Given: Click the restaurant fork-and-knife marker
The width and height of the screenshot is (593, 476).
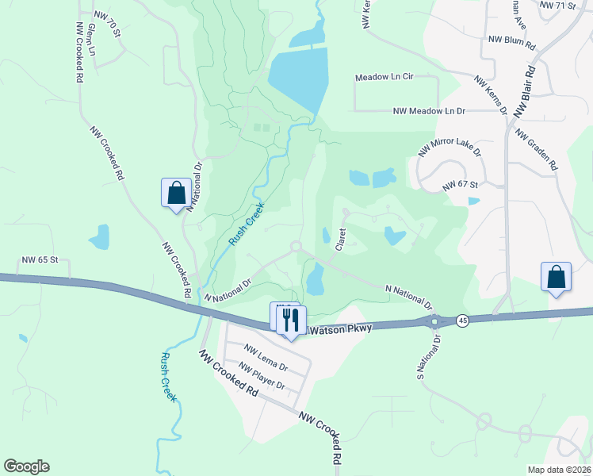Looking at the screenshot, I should (x=290, y=320).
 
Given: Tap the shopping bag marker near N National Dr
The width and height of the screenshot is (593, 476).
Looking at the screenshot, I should (x=176, y=193).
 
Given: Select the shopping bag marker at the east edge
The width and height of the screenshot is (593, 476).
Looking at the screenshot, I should (x=556, y=278).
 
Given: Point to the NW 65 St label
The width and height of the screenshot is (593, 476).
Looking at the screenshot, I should (x=41, y=260).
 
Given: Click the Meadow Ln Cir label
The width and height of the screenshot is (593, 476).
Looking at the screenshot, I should (x=385, y=77).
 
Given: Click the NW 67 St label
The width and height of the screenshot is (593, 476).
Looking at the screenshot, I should (x=461, y=185).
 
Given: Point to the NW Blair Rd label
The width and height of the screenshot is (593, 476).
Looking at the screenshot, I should (x=526, y=91).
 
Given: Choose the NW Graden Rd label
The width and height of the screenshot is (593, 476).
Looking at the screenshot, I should (x=538, y=149).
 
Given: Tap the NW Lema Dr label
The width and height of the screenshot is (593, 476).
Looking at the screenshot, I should (x=266, y=356).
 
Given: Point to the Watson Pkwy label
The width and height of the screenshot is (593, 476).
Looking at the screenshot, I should (x=339, y=329).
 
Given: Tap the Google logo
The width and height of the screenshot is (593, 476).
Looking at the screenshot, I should (x=26, y=466).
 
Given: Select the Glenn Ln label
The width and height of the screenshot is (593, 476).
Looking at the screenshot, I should (x=92, y=39).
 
